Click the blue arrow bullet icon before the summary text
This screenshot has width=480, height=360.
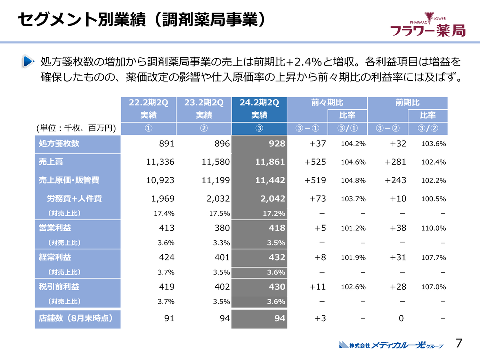[28, 62]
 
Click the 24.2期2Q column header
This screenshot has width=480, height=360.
[259, 103]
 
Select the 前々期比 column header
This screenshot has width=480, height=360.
[327, 103]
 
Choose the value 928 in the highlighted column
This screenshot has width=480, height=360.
[276, 144]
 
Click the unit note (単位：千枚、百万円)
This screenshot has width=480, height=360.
[76, 128]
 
